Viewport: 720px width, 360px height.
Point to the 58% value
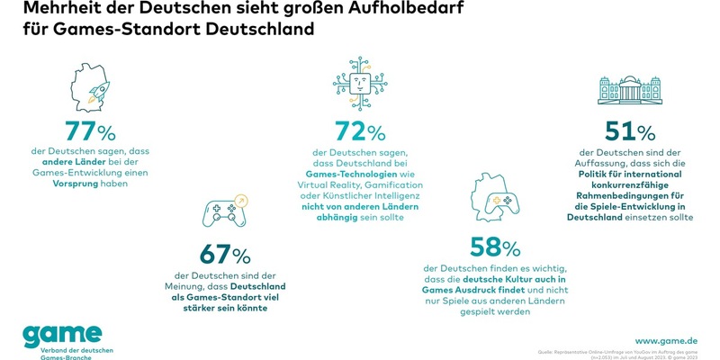click(494, 246)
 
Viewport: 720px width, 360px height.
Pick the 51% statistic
click(630, 132)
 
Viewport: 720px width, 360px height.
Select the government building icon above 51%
click(629, 93)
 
